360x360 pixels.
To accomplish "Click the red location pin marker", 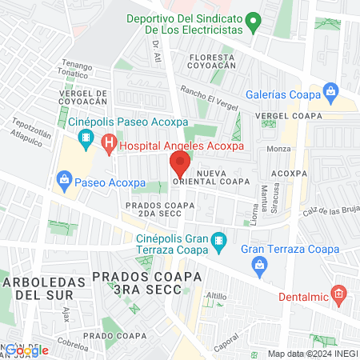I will (x=179, y=165).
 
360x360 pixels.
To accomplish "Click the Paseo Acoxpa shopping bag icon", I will (x=64, y=180).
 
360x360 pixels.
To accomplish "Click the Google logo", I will (x=27, y=350).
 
